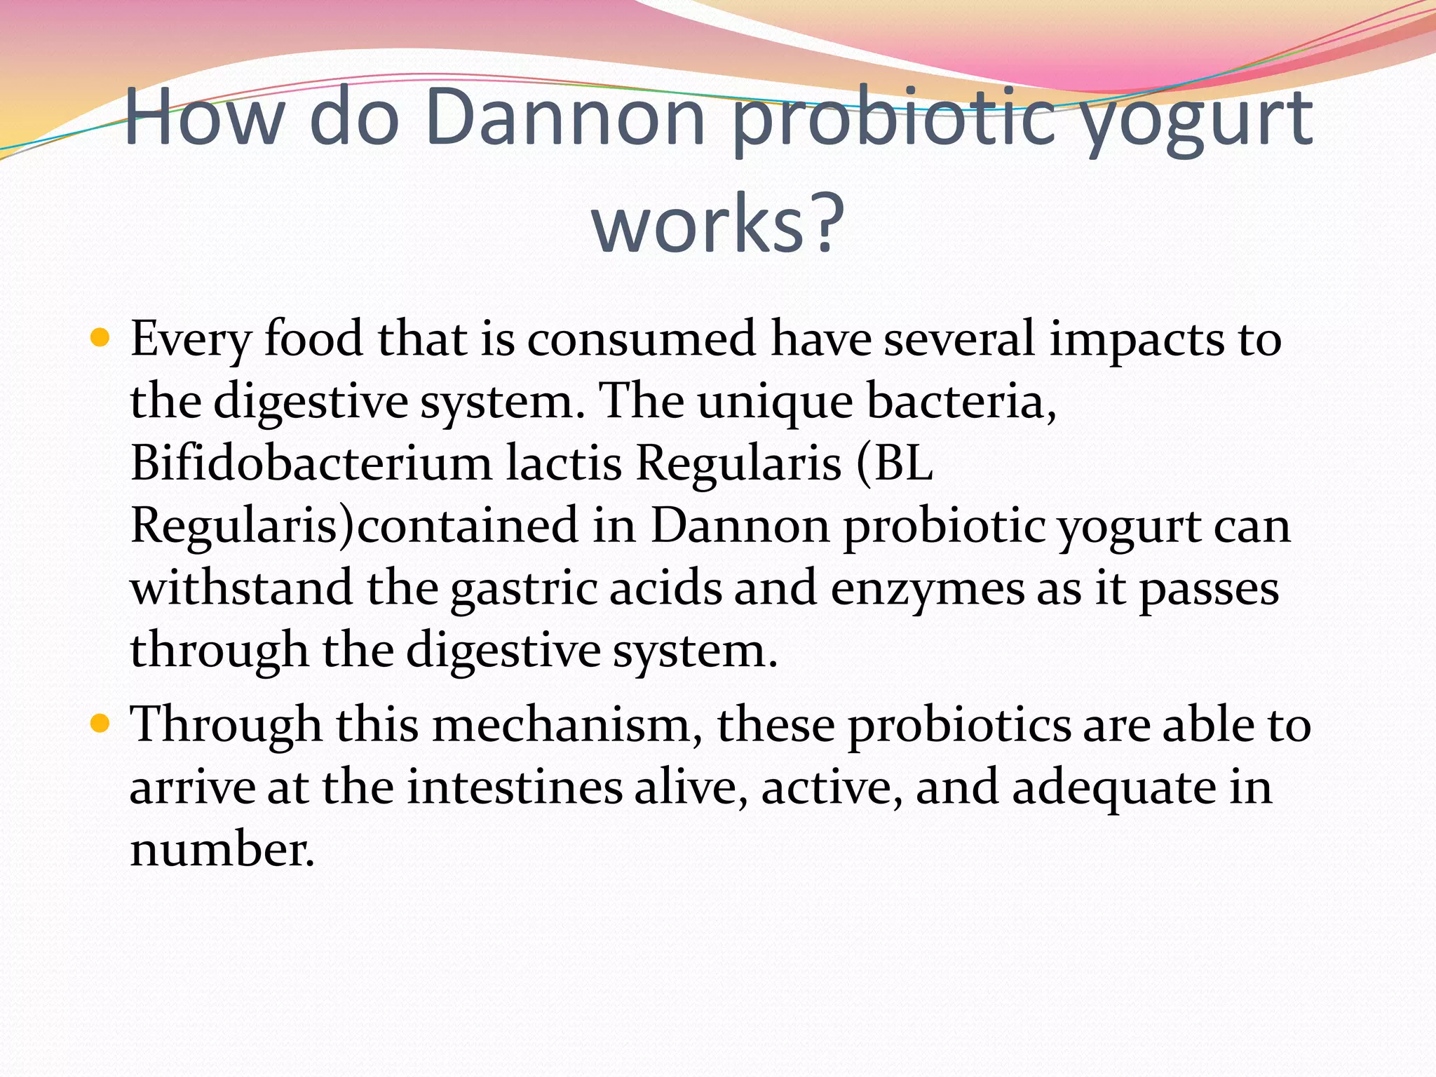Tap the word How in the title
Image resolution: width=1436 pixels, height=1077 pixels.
coord(203,118)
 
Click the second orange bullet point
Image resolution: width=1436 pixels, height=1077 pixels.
coord(101,724)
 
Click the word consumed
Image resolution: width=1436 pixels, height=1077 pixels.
coord(641,339)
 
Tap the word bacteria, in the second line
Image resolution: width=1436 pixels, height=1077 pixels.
coord(961,402)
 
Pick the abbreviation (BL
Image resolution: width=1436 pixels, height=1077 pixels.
coord(894,464)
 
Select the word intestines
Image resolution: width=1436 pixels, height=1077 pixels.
coord(515,787)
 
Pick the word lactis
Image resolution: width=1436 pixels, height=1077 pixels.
coord(564,464)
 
